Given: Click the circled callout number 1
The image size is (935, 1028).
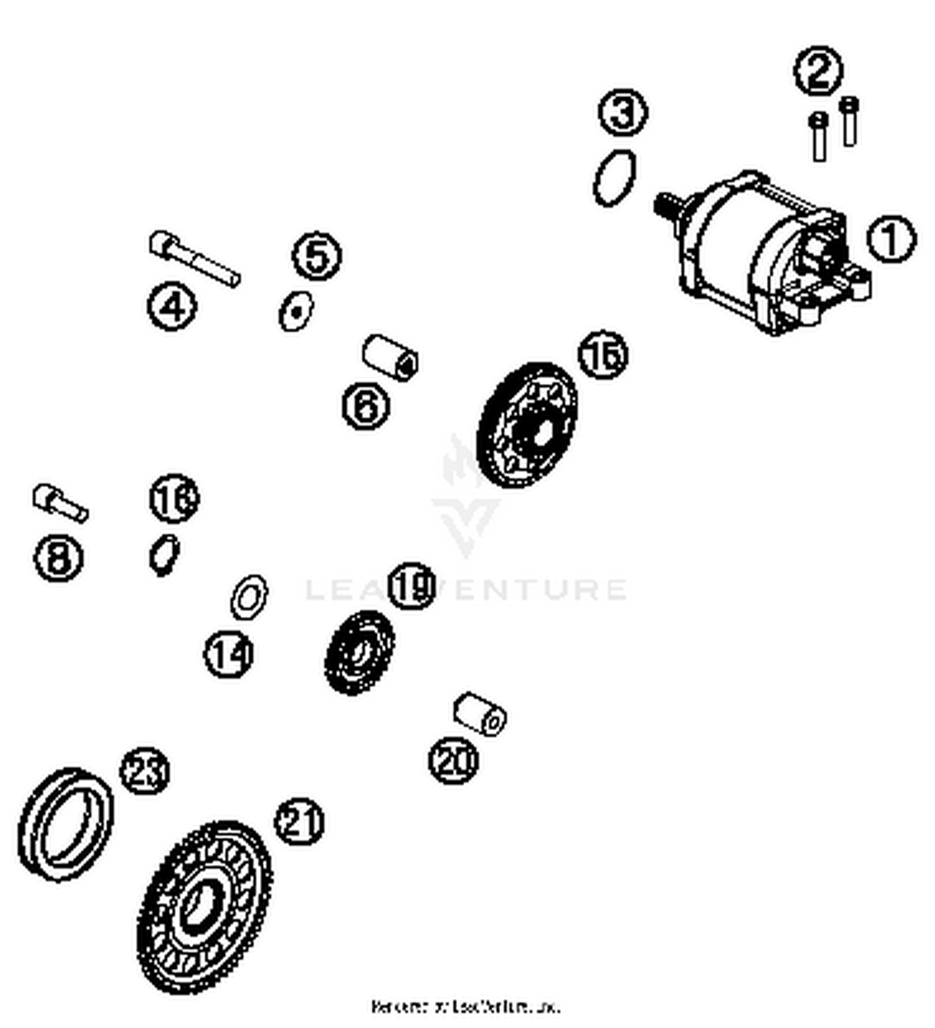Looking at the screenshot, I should tap(891, 239).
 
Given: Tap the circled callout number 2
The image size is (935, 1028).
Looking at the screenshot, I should tap(818, 70).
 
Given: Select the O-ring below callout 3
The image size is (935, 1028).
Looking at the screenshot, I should tap(615, 178).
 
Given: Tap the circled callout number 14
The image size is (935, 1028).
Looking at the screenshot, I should tap(229, 654).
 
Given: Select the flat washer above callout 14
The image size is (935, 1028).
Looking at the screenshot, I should tap(249, 597).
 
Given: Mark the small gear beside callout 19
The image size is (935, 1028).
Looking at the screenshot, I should tap(360, 652).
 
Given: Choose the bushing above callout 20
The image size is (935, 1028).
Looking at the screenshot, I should tap(479, 714).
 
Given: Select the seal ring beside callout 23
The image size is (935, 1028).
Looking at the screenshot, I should tap(65, 824).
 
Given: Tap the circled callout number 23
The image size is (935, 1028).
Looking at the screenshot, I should tap(145, 771).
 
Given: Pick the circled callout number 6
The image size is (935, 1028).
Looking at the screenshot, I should tap(367, 406).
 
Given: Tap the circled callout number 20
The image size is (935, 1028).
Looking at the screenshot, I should tap(453, 760).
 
